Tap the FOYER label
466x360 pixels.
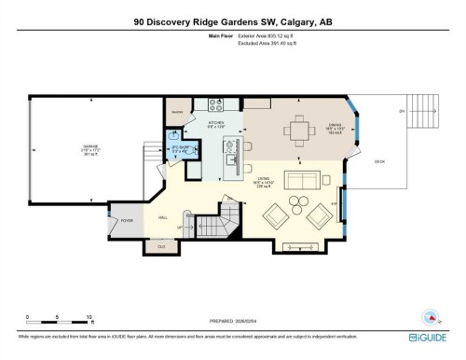(127, 220)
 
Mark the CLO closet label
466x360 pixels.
(161, 245)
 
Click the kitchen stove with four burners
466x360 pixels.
(212, 104)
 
